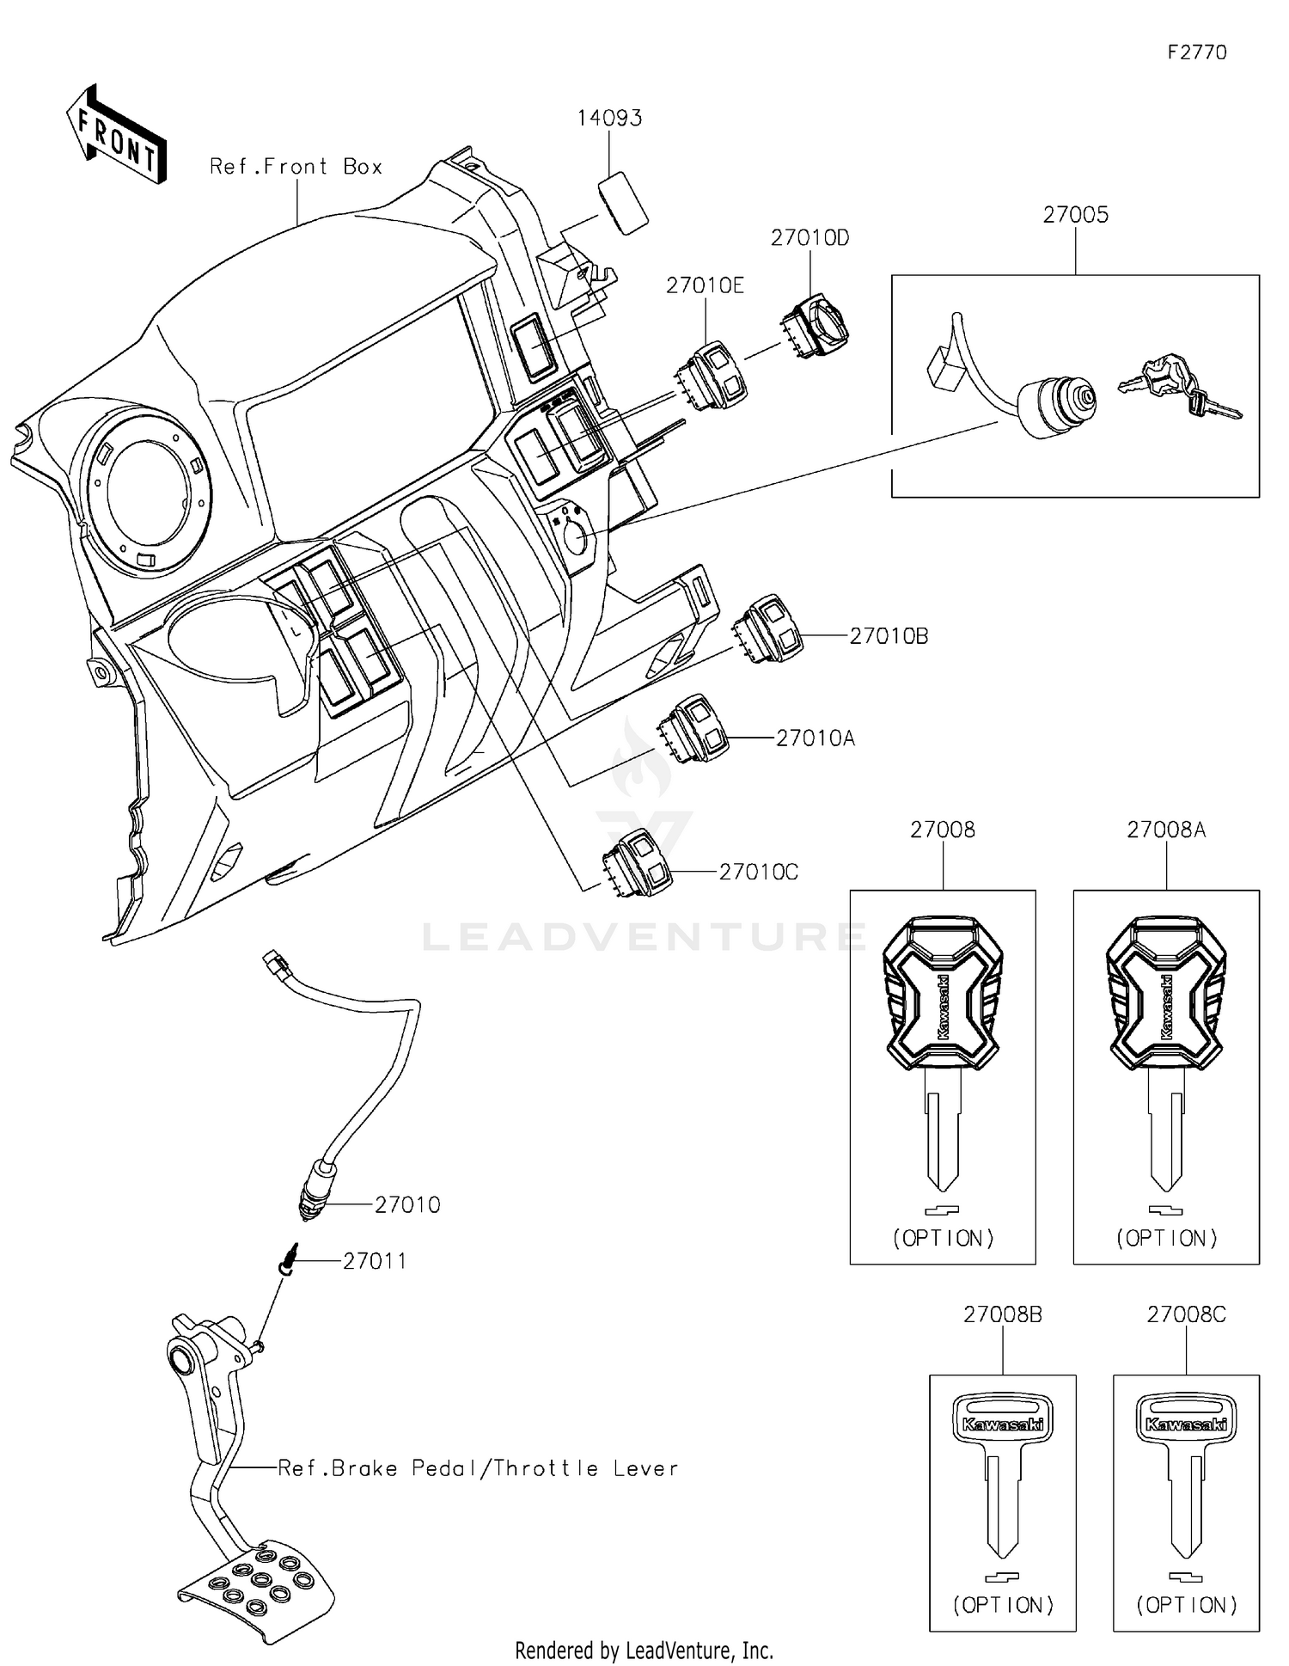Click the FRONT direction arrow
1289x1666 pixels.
tap(116, 136)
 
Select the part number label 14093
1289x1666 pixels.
tap(609, 118)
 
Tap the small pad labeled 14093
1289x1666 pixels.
tap(622, 202)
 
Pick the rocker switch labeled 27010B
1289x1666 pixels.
tap(769, 629)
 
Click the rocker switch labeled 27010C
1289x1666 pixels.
tap(640, 862)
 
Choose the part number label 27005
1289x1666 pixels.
tap(1075, 215)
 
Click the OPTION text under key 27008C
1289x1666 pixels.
tap(1186, 1605)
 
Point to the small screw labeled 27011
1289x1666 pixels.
tap(291, 1261)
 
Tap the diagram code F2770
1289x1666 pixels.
tap(1197, 52)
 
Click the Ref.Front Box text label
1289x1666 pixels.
tap(296, 167)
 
